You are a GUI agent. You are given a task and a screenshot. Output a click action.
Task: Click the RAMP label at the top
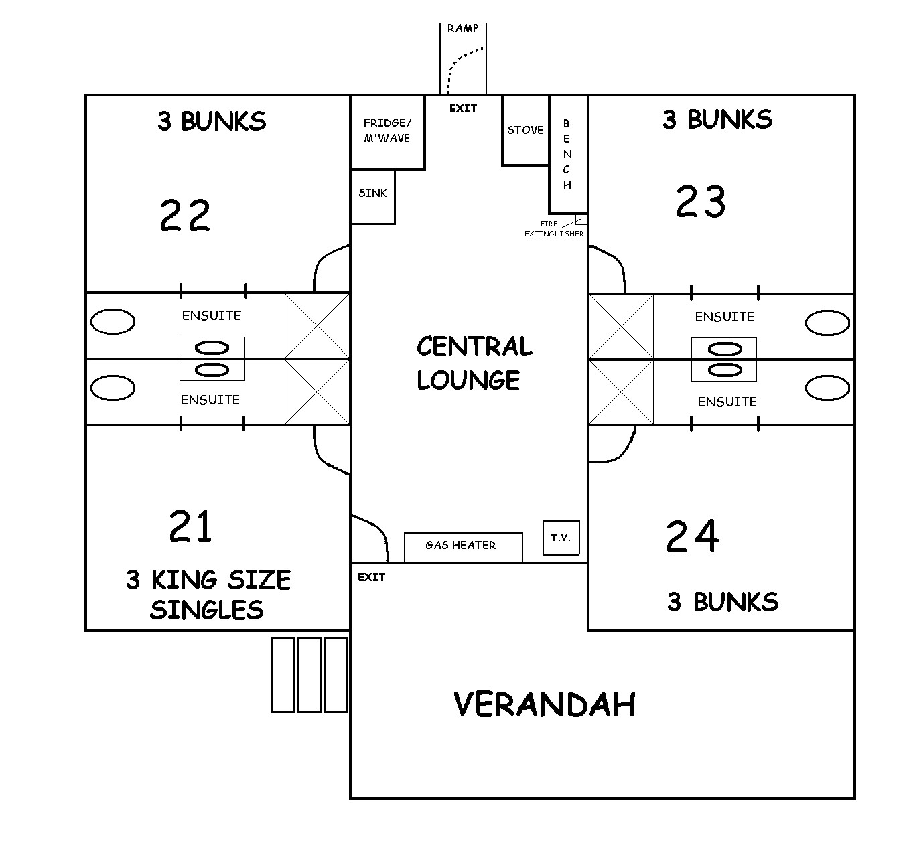[462, 28]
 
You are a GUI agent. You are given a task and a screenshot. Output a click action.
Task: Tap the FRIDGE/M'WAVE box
[388, 133]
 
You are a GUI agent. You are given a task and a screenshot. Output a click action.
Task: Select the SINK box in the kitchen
[372, 197]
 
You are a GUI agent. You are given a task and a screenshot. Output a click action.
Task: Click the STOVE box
[525, 130]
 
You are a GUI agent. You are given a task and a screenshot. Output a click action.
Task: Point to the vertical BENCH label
[567, 154]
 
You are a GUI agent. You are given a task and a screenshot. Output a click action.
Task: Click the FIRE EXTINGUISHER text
[554, 229]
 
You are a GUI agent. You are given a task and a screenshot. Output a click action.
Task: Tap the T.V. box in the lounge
[561, 538]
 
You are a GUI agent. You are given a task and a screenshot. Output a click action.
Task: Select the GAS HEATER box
[464, 548]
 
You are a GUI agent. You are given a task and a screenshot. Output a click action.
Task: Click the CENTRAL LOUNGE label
[474, 363]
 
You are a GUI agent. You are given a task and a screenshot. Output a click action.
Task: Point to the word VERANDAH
[545, 704]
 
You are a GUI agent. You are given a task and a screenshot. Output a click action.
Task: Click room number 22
[185, 215]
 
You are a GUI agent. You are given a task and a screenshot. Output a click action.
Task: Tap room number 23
[701, 201]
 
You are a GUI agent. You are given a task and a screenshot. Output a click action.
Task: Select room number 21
[190, 526]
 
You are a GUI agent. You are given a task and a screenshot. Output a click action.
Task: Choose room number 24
[692, 536]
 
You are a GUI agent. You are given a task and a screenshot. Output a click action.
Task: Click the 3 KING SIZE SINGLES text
[208, 595]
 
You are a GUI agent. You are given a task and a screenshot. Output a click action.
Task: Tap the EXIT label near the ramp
[464, 108]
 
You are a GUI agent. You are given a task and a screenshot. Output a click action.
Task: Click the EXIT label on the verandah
[372, 577]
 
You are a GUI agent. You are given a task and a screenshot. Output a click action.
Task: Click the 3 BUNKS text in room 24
[723, 602]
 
